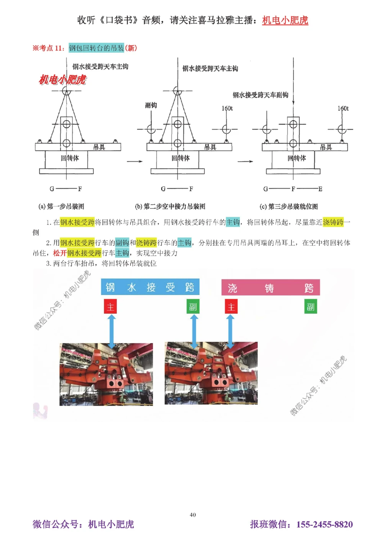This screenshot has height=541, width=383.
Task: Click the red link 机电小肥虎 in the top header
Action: coord(285,20)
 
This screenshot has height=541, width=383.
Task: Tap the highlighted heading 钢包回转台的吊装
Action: coord(96,48)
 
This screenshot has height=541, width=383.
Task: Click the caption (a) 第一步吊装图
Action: coord(61,206)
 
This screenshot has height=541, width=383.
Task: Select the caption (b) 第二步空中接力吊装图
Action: coord(170,206)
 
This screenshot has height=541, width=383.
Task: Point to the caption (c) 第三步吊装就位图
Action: coord(289,206)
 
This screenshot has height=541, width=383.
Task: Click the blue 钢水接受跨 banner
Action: coord(150,287)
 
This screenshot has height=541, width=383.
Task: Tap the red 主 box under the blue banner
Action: coord(110,307)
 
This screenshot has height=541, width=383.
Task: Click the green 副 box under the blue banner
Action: coord(193,307)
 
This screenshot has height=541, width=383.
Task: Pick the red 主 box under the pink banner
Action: coord(231,307)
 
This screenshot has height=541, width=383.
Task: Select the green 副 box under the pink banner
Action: coord(311,307)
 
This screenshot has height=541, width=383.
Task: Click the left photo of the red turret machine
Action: coord(106,374)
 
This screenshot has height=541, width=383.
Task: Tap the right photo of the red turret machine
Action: coord(211,373)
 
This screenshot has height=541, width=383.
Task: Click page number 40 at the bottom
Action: coord(193,515)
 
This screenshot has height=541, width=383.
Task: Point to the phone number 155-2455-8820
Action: coord(324,524)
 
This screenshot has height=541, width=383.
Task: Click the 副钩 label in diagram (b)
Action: coord(151,105)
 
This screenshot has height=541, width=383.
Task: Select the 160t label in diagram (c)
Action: coord(343,109)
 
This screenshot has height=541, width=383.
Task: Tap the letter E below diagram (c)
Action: coord(320,189)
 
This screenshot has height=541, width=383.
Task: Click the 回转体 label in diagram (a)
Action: coord(70,158)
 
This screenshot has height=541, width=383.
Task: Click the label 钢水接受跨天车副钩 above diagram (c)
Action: coord(260,95)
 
